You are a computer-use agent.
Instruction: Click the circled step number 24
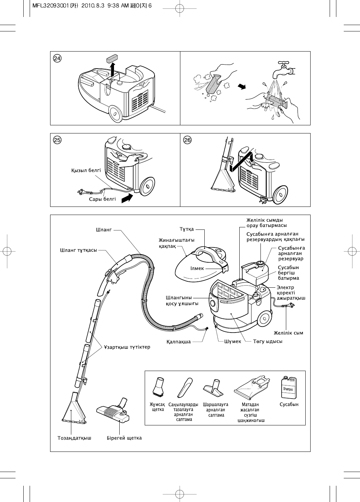coord(57,58)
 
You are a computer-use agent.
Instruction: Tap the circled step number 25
coord(57,140)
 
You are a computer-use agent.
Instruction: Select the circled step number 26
coord(188,140)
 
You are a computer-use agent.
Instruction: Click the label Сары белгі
coord(102,199)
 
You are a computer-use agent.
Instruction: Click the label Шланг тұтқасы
coord(78,250)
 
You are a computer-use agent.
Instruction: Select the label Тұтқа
coord(187,229)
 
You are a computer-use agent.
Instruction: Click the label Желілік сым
coord(288,333)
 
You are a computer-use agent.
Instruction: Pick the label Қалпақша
coord(179,342)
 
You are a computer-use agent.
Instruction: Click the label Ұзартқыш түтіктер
coord(127,347)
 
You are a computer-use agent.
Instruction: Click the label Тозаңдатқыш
coord(74,438)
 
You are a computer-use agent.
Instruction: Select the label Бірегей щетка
coord(124,438)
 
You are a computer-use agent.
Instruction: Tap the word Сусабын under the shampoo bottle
coord(289,405)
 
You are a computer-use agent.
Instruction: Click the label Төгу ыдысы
coord(268,341)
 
